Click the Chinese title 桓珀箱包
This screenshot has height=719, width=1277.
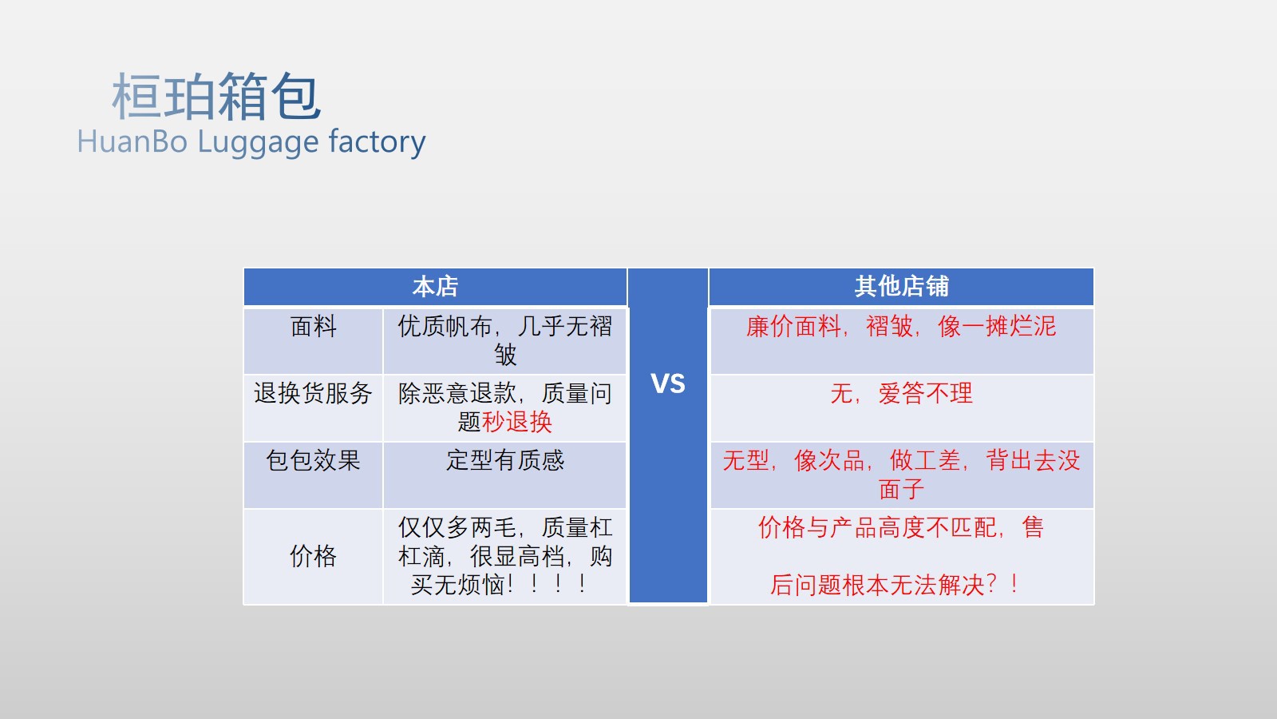pos(216,97)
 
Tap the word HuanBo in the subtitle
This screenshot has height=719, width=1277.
pos(132,141)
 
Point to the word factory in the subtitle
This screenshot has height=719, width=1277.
pos(377,141)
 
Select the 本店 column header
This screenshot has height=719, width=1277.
pos(435,286)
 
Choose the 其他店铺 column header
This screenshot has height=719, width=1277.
pos(901,286)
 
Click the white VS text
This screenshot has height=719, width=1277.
pos(668,383)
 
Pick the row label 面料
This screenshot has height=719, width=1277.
pos(313,327)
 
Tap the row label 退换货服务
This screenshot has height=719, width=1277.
pos(313,393)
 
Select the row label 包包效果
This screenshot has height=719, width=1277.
pos(313,460)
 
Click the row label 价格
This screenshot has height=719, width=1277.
pos(313,556)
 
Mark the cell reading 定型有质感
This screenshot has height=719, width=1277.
pos(504,460)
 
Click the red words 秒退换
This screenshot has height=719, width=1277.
pos(517,422)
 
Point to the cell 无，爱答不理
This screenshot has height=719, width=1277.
pos(901,393)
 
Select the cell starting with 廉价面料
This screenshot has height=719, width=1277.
pos(901,327)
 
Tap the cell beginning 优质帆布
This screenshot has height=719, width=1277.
pos(504,340)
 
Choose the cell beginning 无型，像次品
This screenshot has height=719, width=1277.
pos(901,474)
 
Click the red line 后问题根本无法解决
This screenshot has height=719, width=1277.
pos(894,585)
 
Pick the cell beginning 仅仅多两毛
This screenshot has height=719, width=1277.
pos(504,556)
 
